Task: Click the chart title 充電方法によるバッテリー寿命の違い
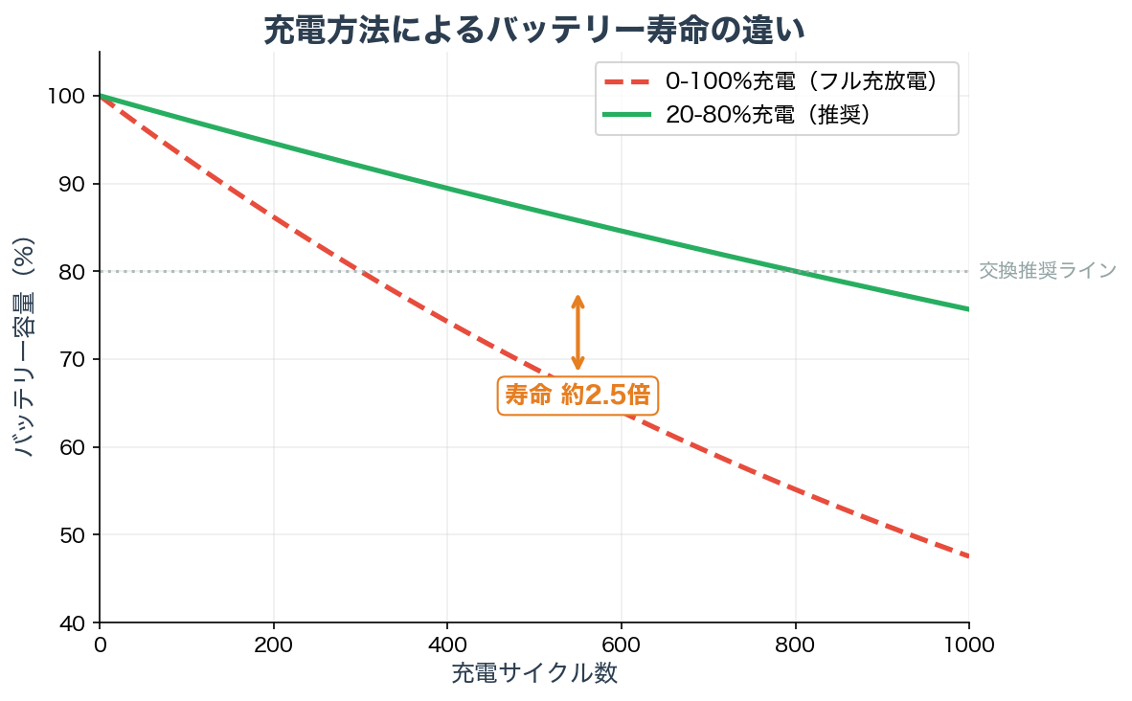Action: [534, 30]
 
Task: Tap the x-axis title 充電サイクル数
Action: [534, 673]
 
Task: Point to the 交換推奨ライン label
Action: [1048, 271]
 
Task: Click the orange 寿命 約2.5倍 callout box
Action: [578, 395]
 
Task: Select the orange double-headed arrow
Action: [577, 331]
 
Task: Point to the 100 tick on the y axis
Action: [72, 96]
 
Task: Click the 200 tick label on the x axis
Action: [274, 644]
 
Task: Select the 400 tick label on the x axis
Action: [447, 644]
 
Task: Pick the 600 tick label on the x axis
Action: [622, 644]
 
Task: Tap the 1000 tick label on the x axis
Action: [969, 644]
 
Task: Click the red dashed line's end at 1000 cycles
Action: [967, 555]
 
